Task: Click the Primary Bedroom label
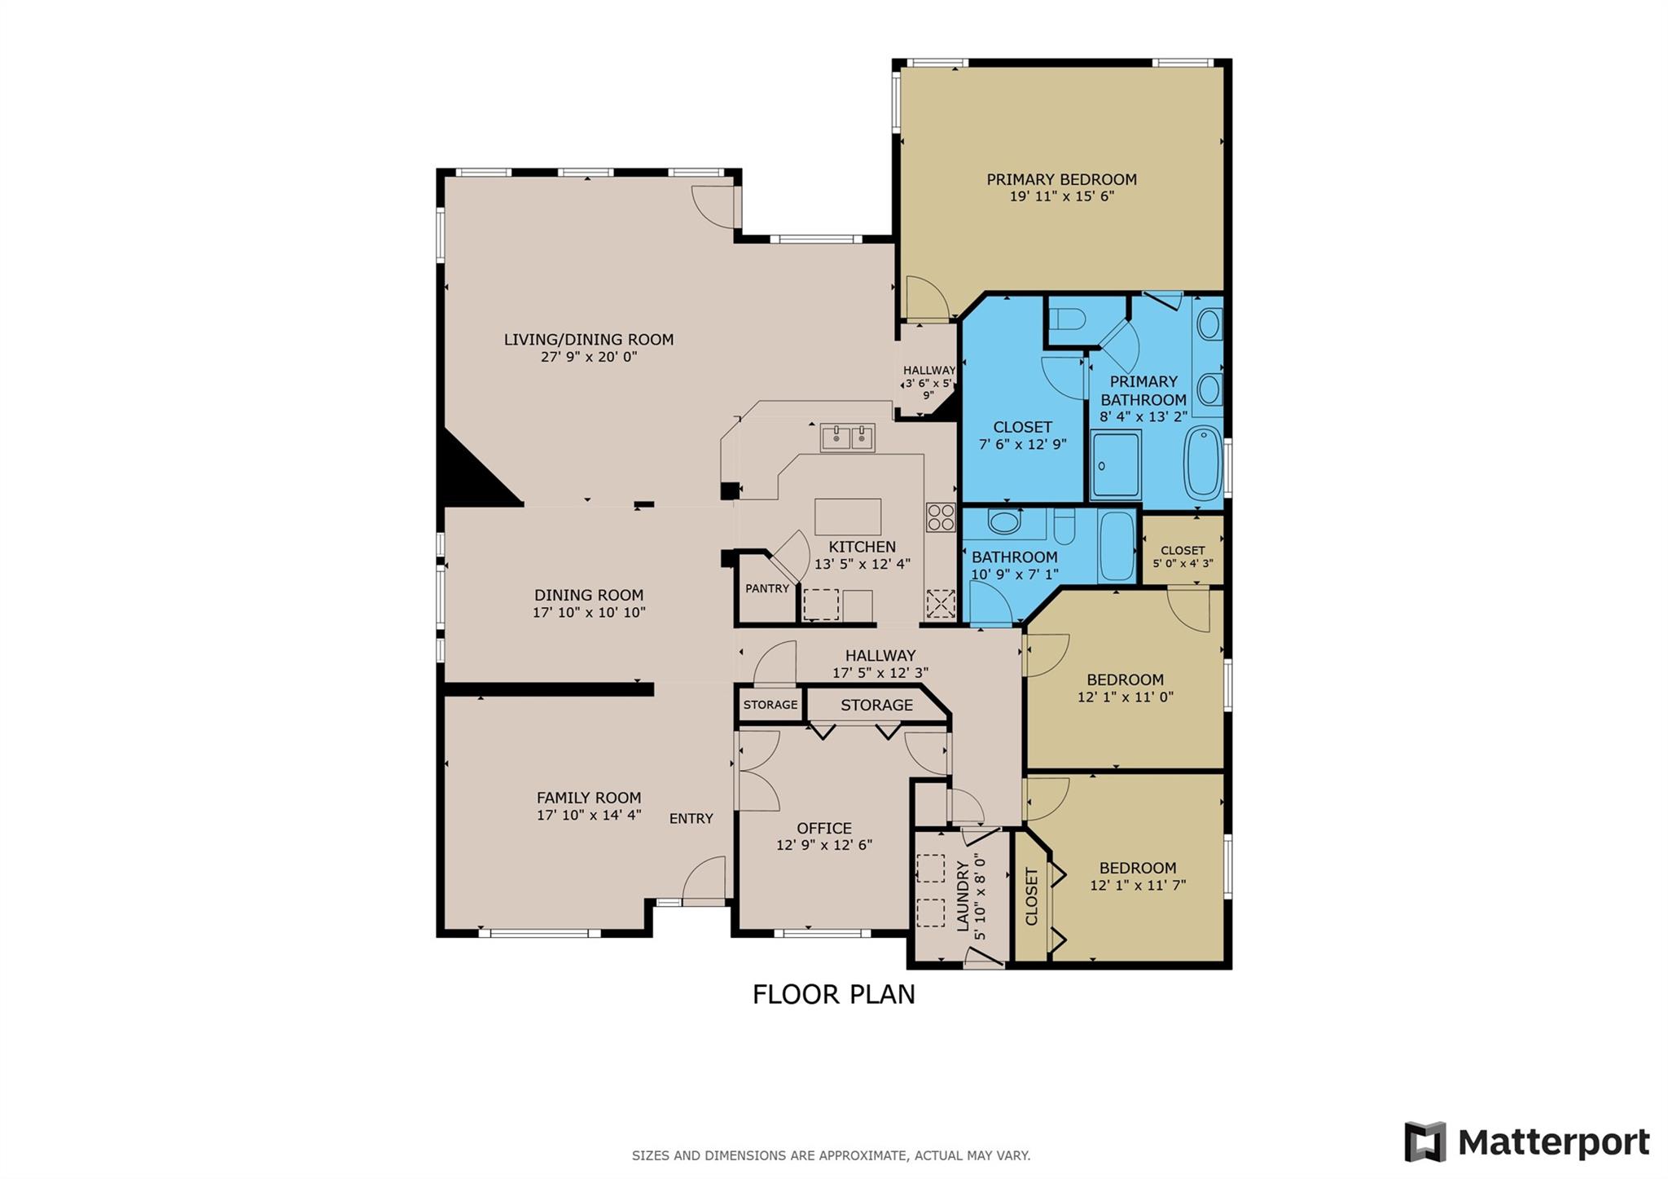point(1061,179)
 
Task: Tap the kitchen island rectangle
point(847,517)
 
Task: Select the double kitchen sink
point(847,438)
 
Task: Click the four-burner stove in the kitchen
point(940,517)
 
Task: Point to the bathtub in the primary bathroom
point(1203,462)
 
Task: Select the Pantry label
point(766,588)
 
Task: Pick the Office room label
point(824,829)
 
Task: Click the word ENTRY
point(691,819)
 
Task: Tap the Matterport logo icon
point(1424,1142)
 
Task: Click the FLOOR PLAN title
point(833,995)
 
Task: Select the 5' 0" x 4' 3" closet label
point(1183,563)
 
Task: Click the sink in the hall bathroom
point(1004,522)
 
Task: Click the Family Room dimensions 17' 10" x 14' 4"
point(589,815)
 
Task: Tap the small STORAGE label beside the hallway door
point(770,705)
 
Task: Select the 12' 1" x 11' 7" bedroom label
point(1137,885)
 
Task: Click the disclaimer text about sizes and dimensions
point(831,1155)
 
